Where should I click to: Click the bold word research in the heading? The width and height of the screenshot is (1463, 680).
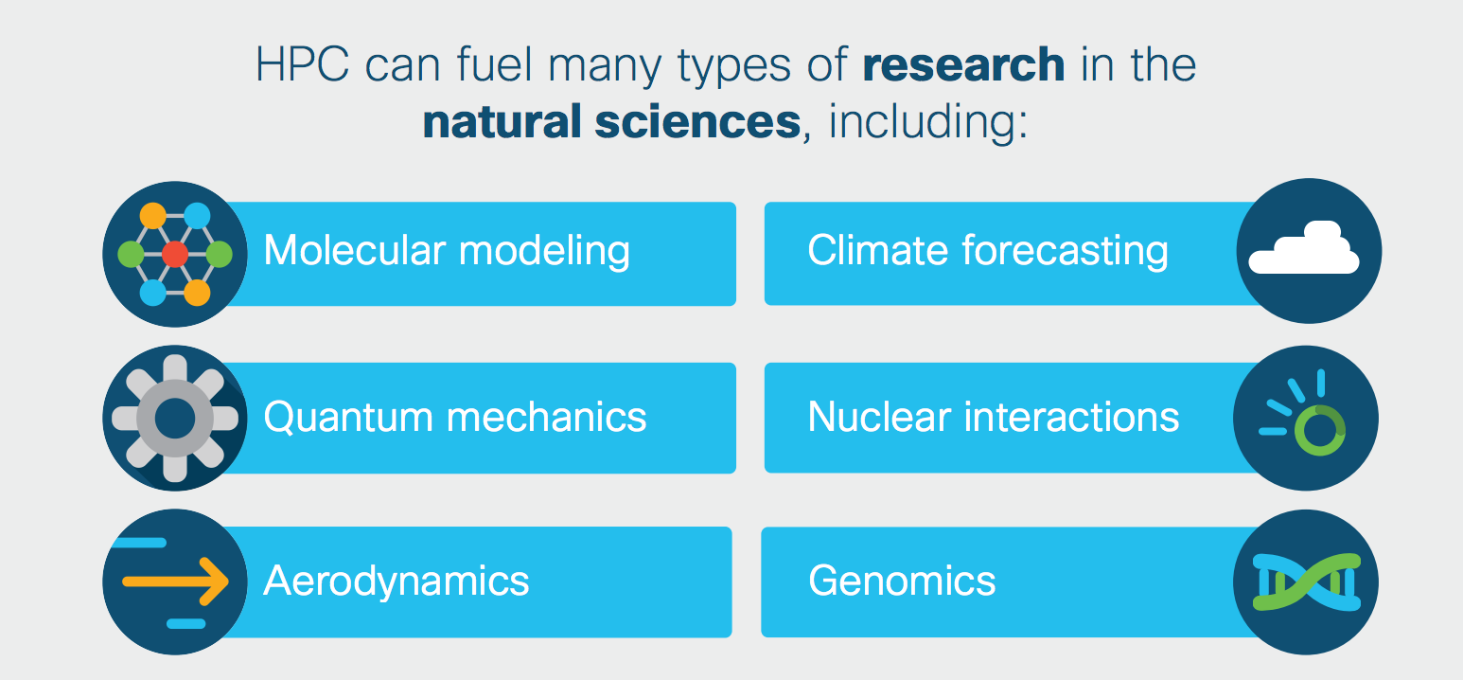click(x=964, y=64)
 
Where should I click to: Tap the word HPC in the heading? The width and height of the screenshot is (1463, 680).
click(x=303, y=64)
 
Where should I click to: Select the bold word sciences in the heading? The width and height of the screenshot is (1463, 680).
click(x=697, y=121)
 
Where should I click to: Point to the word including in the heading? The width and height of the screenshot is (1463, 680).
click(x=928, y=123)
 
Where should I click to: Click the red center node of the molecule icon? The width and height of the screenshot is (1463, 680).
click(x=175, y=254)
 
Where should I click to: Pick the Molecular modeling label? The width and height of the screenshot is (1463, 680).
click(x=447, y=251)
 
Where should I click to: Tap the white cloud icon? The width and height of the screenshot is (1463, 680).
click(x=1304, y=248)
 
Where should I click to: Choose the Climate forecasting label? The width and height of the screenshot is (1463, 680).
click(x=988, y=251)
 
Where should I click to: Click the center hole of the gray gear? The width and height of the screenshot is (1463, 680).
click(x=175, y=419)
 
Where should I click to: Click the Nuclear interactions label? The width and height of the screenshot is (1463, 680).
click(x=994, y=417)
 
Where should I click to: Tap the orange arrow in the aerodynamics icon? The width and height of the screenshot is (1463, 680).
click(x=175, y=582)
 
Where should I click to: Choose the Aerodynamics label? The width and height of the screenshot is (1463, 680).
click(x=396, y=582)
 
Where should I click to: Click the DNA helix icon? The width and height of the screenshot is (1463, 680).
click(x=1307, y=582)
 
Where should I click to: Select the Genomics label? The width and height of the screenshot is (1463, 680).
click(x=902, y=582)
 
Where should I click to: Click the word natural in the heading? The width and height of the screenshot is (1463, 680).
click(x=502, y=121)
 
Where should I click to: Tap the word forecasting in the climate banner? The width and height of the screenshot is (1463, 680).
click(x=1066, y=252)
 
